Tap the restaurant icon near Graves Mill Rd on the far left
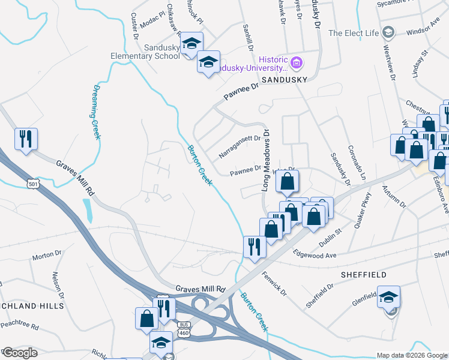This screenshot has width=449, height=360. point(26,139)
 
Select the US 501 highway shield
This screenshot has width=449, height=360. point(34,184)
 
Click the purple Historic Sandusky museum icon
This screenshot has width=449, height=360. point(296,62)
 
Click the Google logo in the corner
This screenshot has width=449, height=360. point(19,353)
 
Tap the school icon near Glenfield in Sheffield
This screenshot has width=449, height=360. point(388,297)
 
